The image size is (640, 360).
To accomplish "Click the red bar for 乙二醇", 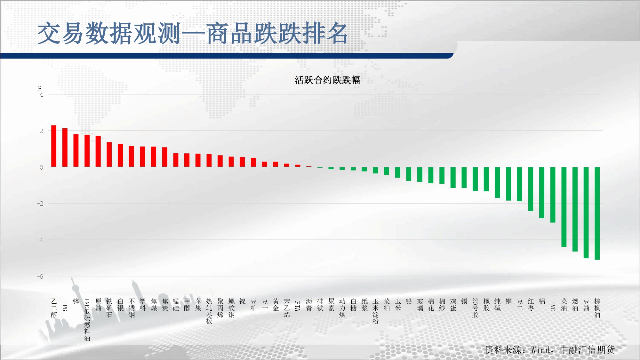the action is pyautogui.click(x=54, y=146).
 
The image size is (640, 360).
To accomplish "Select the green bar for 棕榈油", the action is pyautogui.click(x=597, y=213).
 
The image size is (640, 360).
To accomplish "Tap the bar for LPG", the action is pyautogui.click(x=65, y=148).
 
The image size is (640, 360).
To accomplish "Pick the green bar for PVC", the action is pyautogui.click(x=553, y=195).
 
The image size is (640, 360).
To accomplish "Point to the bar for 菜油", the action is pyautogui.click(x=564, y=207).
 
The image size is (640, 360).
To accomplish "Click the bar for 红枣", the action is pyautogui.click(x=531, y=189).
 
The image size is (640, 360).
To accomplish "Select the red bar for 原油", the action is pyautogui.click(x=98, y=151).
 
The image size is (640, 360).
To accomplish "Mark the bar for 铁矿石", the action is pyautogui.click(x=109, y=155).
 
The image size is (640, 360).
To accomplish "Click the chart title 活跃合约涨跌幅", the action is pyautogui.click(x=327, y=80).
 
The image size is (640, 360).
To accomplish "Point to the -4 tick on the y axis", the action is pyautogui.click(x=40, y=240).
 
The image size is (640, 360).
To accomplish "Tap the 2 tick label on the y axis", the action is pyautogui.click(x=41, y=131).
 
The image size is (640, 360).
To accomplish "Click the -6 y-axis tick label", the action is pyautogui.click(x=40, y=276).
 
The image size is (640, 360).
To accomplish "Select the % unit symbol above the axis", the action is pyautogui.click(x=39, y=89).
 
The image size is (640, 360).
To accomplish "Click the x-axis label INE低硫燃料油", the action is pyautogui.click(x=87, y=320).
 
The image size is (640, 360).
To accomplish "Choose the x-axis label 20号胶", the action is pyautogui.click(x=475, y=308).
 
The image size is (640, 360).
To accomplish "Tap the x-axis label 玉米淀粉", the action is pyautogui.click(x=376, y=311).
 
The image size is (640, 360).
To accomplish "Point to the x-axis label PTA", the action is pyautogui.click(x=298, y=306).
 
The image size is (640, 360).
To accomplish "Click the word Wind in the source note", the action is pyautogui.click(x=540, y=350).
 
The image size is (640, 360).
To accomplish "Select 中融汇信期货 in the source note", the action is pyautogui.click(x=588, y=350).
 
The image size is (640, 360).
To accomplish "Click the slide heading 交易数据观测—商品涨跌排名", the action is pyautogui.click(x=193, y=33).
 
